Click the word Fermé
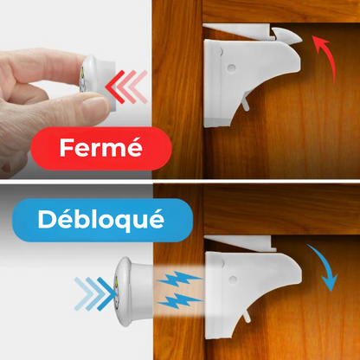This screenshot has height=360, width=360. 100,148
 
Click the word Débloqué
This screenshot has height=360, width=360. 101,220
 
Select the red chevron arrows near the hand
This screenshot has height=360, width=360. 126,87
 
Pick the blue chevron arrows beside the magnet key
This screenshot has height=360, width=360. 95,293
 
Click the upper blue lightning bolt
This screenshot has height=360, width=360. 179,279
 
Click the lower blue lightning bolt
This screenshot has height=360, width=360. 179,300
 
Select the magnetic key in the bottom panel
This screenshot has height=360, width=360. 133,292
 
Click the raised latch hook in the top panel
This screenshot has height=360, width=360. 286,35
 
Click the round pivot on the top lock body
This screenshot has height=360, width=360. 231,67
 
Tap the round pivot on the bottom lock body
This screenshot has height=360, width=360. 232,280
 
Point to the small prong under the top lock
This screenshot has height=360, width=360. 245,104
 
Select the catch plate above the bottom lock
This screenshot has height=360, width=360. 241,242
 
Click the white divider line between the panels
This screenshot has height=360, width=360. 180,181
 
